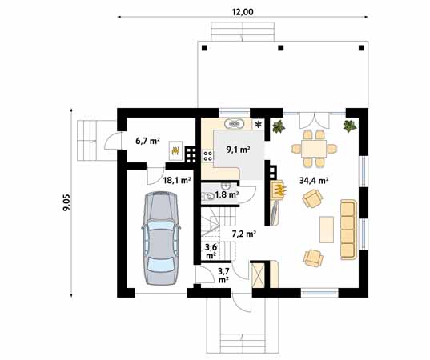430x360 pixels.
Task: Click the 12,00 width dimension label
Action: pos(243,11)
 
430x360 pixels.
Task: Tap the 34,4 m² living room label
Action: pos(314,181)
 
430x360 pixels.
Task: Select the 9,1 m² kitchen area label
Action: pos(238,149)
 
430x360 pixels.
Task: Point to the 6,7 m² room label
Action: pos(147,141)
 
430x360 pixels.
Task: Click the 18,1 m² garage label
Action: pos(176,181)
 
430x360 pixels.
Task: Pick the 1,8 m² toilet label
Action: pos(228,194)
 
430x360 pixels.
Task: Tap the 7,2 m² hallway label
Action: pos(243,234)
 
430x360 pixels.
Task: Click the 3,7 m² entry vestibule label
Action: pos(223,275)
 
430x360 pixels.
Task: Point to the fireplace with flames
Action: pos(279,189)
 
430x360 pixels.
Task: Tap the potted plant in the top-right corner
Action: pos(349,126)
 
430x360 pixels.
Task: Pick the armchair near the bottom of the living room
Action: pos(312,258)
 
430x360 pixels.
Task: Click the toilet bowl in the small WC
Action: pos(211,195)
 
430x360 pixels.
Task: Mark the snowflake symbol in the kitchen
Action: pos(258,125)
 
